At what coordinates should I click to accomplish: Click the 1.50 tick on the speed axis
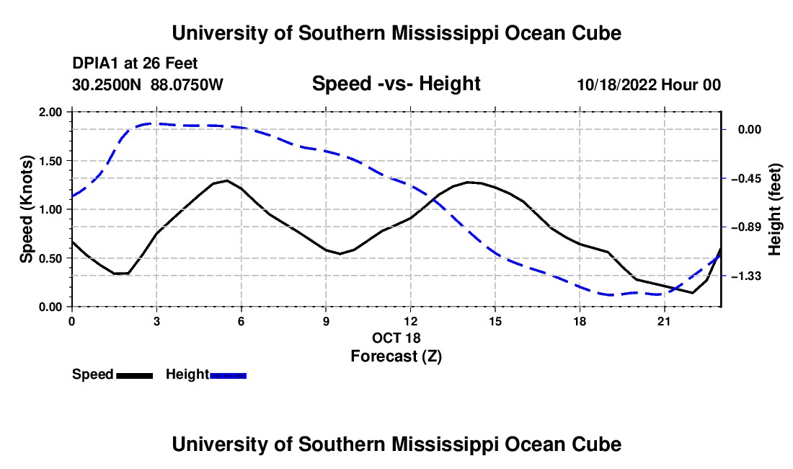click(x=50, y=161)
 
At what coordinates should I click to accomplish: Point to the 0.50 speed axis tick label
click(x=50, y=258)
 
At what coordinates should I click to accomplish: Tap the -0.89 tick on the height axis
click(x=749, y=227)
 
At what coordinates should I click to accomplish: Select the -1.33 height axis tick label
click(x=749, y=276)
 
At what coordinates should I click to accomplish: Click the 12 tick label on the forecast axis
click(x=410, y=321)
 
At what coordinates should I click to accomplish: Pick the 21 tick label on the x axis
click(x=664, y=321)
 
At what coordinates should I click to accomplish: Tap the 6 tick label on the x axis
click(x=242, y=321)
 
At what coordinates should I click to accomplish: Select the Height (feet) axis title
click(x=775, y=209)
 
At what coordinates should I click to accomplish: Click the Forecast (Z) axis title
click(x=396, y=356)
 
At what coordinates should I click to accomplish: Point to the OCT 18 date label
click(x=396, y=338)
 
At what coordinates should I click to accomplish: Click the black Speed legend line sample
click(x=135, y=376)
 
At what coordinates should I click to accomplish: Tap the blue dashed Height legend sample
click(x=228, y=376)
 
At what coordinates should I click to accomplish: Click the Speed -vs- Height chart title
click(x=396, y=84)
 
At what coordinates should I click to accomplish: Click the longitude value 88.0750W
click(x=187, y=85)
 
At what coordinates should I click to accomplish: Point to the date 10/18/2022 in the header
click(x=616, y=85)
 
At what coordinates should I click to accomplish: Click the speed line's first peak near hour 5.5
click(x=226, y=180)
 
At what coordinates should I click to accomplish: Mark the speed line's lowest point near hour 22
click(x=692, y=292)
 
